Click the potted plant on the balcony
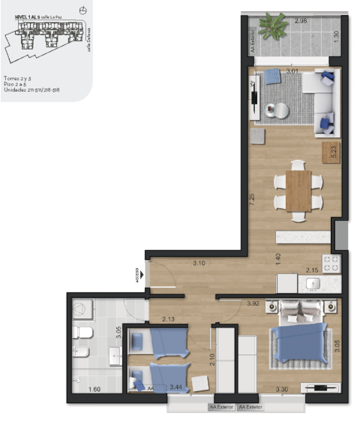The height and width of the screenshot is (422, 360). (x=275, y=28)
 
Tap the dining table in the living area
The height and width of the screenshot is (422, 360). (x=298, y=191)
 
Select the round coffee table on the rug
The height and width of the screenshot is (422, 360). (x=282, y=110)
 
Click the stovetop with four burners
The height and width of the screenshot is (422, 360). (x=332, y=264)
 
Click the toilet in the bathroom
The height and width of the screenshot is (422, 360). (x=82, y=334)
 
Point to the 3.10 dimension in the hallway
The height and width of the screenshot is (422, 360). (x=199, y=263)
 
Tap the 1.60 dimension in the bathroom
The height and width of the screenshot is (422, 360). (x=94, y=390)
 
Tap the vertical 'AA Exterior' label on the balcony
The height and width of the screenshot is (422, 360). (x=252, y=42)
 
